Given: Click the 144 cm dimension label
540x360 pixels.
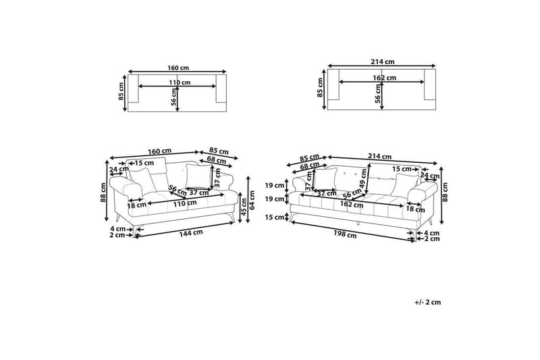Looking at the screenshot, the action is click(x=191, y=233).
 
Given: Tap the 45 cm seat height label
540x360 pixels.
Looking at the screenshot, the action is click(x=244, y=207).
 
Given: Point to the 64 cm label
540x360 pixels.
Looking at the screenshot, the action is click(x=252, y=200).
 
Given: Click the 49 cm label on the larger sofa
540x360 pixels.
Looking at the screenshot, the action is click(x=362, y=178).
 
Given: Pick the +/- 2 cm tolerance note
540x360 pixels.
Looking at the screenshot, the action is click(x=428, y=302).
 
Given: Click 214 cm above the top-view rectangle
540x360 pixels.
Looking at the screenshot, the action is click(x=383, y=62).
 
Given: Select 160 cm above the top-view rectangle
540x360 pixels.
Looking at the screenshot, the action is click(x=178, y=68).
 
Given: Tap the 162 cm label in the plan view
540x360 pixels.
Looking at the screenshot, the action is click(x=384, y=78).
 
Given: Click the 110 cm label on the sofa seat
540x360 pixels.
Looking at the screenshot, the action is click(x=185, y=203).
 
